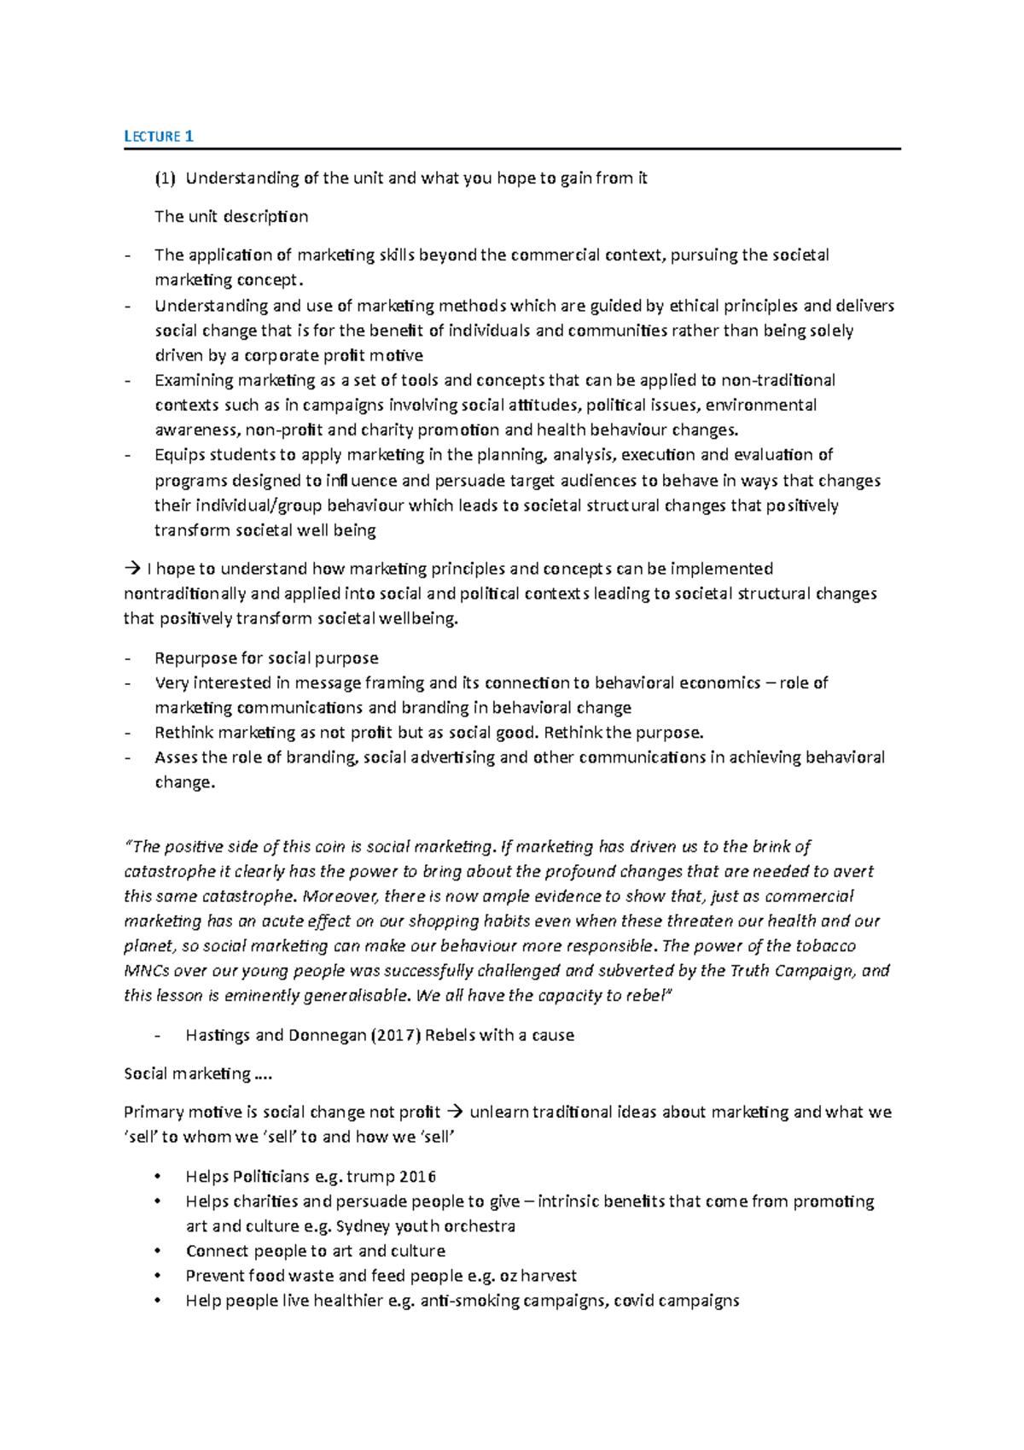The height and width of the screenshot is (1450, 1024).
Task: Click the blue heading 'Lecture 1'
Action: pyautogui.click(x=159, y=136)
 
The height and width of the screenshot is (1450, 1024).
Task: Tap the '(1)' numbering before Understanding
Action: pyautogui.click(x=165, y=178)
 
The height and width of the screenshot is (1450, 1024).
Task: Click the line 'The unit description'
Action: pyautogui.click(x=231, y=216)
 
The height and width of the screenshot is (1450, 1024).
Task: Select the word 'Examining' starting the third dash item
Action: pyautogui.click(x=193, y=380)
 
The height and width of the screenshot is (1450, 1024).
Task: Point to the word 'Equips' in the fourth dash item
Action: pyautogui.click(x=179, y=454)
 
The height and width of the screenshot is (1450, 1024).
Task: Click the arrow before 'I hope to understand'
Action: pyautogui.click(x=131, y=569)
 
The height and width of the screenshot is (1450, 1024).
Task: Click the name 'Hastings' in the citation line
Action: pyautogui.click(x=218, y=1035)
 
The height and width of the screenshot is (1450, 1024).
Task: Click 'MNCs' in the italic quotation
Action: pyautogui.click(x=144, y=970)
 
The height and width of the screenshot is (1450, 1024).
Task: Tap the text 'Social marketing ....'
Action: pyautogui.click(x=197, y=1073)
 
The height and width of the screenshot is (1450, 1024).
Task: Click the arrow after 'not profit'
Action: pyautogui.click(x=454, y=1112)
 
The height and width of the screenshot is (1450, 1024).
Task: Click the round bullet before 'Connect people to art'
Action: pyautogui.click(x=156, y=1251)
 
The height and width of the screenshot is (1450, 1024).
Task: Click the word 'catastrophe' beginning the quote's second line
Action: pyautogui.click(x=169, y=872)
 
